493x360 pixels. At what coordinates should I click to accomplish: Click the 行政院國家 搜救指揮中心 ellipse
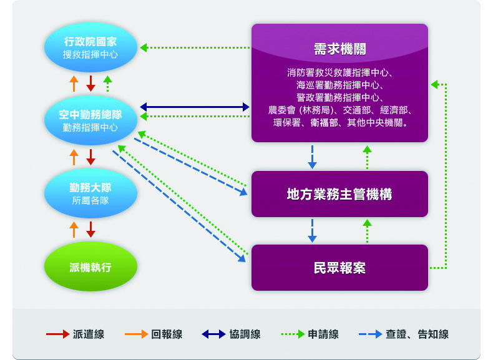[x=90, y=48]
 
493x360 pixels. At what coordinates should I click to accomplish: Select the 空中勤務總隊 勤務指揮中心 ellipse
[x=90, y=120]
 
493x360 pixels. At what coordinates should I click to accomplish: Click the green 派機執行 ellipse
[x=90, y=268]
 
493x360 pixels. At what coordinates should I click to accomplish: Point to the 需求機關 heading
[x=339, y=49]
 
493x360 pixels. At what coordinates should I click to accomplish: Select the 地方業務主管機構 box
[x=339, y=194]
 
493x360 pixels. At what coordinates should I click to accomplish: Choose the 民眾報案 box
[x=339, y=268]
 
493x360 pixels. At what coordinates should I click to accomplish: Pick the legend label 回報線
[x=167, y=334]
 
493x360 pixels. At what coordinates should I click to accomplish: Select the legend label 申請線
[x=323, y=334]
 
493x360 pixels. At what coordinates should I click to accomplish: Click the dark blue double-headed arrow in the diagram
[x=195, y=107]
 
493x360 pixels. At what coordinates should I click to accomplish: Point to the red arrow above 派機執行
[x=90, y=229]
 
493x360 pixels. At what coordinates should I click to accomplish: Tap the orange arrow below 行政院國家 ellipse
[x=74, y=83]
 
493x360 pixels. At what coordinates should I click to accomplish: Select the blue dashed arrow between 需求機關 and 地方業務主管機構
[x=312, y=157]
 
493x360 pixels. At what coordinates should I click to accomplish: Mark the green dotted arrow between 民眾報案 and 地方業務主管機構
[x=367, y=231]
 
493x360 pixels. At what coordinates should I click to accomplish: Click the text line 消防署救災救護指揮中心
[x=339, y=72]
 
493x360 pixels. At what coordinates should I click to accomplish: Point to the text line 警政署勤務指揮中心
[x=339, y=97]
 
